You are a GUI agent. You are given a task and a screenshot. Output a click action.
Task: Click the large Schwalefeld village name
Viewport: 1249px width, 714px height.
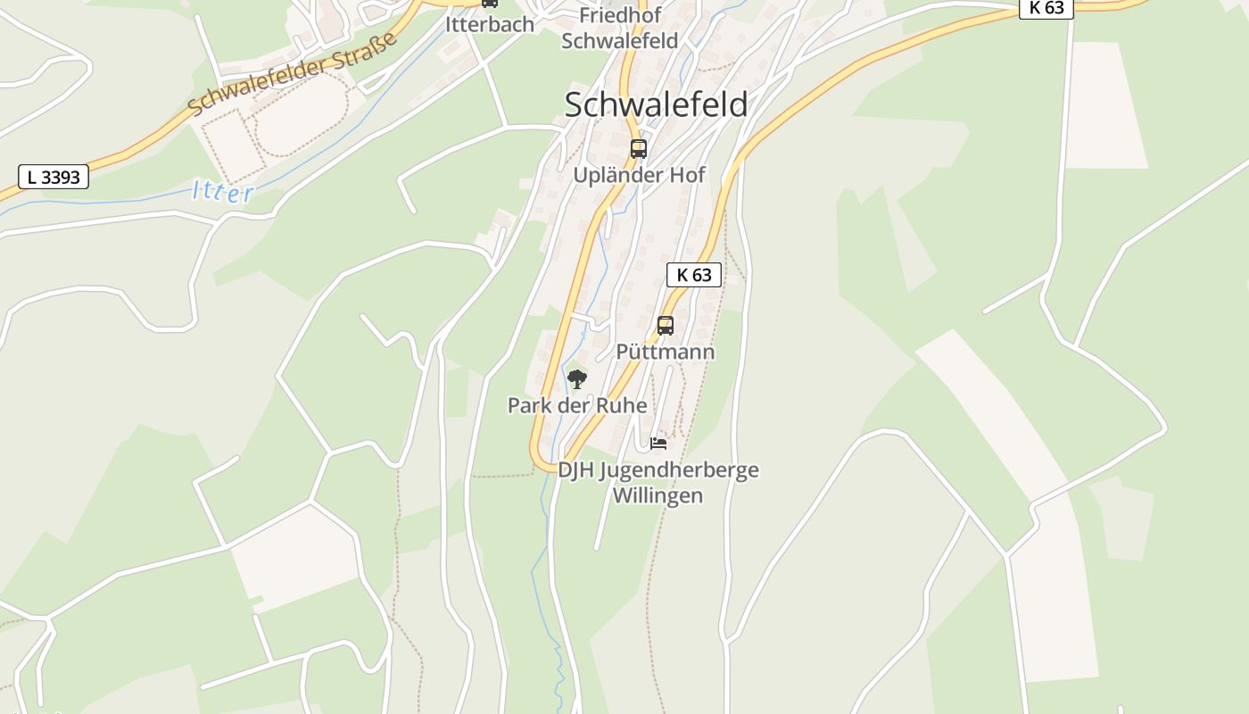[656, 104]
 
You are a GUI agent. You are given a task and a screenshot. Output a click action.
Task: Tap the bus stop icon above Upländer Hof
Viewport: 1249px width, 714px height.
[638, 148]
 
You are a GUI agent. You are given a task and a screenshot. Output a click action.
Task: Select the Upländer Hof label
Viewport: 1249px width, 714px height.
[639, 175]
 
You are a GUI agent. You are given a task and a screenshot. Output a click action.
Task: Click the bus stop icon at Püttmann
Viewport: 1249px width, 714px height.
[666, 325]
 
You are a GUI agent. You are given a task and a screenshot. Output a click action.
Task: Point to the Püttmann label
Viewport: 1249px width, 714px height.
[666, 352]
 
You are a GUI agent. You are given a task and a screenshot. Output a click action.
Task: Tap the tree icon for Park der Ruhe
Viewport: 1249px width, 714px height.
[577, 379]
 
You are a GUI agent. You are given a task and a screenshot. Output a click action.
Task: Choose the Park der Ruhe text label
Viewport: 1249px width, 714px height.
[577, 405]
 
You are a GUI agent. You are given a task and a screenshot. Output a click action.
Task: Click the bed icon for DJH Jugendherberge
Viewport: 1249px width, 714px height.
[658, 443]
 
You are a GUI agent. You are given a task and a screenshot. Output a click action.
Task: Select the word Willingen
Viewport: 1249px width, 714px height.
[658, 495]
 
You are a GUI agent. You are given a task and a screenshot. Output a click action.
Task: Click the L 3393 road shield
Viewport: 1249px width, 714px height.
[54, 177]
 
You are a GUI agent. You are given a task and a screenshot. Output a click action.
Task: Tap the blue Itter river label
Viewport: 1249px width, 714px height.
[223, 192]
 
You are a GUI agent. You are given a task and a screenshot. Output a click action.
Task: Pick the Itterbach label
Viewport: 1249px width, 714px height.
[490, 24]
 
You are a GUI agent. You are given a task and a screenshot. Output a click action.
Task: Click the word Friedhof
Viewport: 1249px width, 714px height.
[619, 15]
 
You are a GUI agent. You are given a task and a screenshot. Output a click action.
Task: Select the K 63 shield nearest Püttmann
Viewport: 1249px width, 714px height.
[693, 275]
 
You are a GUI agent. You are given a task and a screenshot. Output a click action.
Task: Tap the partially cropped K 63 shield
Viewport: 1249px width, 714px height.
[1046, 8]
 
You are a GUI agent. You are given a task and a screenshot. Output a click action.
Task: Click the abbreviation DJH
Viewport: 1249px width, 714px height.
[576, 469]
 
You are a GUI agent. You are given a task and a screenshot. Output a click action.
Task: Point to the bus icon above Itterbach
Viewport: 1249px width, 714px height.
[490, 4]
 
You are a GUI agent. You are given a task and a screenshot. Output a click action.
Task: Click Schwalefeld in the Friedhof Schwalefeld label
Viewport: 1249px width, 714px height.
[619, 40]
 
